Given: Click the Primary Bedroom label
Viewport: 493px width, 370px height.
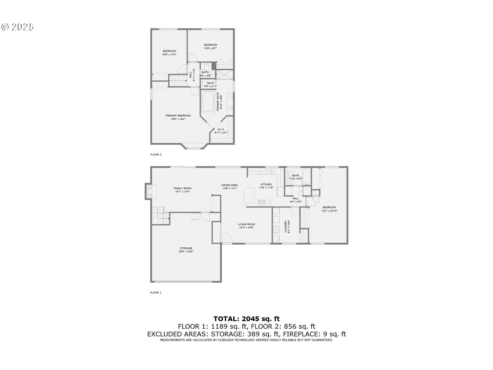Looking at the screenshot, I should pos(178,116).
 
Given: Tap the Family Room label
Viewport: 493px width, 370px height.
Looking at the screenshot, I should pos(182,188).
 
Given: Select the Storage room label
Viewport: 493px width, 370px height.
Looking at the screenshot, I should pos(186,248).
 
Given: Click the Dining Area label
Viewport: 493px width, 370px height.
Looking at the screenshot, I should pos(230,185).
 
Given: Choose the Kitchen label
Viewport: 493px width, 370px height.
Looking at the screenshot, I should pos(266,184).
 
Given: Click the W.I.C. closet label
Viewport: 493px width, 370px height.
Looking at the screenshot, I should pos(221,129).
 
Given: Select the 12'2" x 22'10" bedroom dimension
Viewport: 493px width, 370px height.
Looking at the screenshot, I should pos(329,211).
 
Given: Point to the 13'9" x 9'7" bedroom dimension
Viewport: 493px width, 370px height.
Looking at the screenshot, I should pos(210,48).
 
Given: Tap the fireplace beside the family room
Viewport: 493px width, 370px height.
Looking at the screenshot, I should pos(149,191).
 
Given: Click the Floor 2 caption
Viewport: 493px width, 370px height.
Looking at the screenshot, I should pos(156,155).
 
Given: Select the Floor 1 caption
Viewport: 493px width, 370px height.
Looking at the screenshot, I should pos(156,293).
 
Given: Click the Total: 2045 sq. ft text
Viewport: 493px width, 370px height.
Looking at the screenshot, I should pos(246,319).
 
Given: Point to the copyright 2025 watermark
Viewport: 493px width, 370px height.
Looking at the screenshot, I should pos(18,27).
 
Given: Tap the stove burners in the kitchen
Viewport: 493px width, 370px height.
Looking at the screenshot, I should pos(262,203).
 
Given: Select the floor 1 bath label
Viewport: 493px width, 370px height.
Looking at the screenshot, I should pos(296,176).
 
